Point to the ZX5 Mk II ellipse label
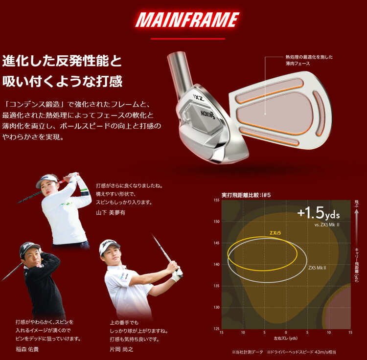click(317, 268)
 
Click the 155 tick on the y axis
click(216, 201)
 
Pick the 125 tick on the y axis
click(216, 328)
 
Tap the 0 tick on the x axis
click(286, 333)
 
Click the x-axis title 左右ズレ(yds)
click(286, 338)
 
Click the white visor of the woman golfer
click(46, 180)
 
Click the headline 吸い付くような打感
click(62, 81)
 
